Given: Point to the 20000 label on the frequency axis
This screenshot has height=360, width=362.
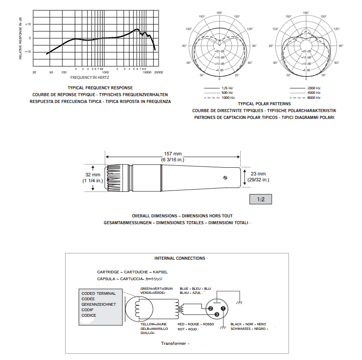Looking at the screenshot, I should tap(158, 72).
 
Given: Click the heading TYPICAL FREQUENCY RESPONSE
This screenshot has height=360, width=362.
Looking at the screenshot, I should tap(100, 87).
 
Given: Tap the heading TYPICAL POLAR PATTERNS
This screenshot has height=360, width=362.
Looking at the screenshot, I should tap(264, 103).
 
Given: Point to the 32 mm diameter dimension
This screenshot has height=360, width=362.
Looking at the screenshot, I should tap(93, 175).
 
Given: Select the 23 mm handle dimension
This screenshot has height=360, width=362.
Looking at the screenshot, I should tap(258, 174).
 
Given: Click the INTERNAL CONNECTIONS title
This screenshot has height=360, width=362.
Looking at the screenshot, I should tap(180, 258).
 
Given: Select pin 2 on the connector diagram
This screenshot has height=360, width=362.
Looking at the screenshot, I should tap(211, 309).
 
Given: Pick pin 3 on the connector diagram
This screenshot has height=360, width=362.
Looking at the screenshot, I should tap(217, 314).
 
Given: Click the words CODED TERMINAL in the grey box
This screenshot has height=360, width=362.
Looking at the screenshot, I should tap(98, 293).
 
